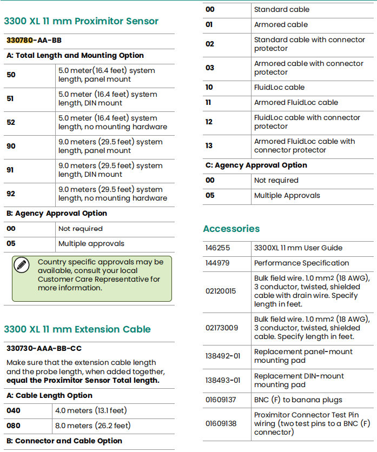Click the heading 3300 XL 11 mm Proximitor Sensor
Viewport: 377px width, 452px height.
click(81, 22)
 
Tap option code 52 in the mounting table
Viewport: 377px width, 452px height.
click(11, 123)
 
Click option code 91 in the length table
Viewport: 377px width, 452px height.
click(11, 170)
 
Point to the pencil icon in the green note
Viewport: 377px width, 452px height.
click(22, 265)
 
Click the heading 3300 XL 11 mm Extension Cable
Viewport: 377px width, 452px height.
click(77, 329)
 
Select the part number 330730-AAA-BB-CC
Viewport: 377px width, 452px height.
click(44, 349)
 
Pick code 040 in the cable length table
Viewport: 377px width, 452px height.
click(14, 411)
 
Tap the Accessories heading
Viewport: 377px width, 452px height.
click(231, 229)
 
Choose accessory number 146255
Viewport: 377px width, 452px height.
click(217, 248)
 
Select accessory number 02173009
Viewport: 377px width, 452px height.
click(222, 328)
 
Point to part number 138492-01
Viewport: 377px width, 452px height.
click(223, 356)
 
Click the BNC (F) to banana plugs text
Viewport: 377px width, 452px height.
click(298, 400)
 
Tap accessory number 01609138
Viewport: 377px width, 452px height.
click(221, 423)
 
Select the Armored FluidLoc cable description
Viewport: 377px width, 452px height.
click(296, 103)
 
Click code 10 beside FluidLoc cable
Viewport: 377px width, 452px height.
click(209, 88)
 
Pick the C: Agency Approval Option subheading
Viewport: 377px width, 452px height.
click(256, 165)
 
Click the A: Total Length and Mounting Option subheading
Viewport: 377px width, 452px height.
click(75, 56)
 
